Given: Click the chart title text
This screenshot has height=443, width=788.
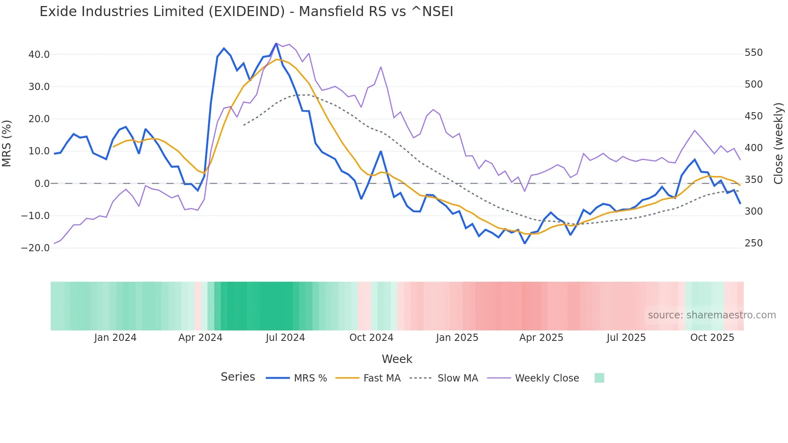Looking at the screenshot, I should [x=246, y=12].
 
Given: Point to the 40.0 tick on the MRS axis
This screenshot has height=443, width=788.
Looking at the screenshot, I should [x=39, y=54].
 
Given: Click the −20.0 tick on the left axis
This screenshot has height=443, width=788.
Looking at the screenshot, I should [x=35, y=248].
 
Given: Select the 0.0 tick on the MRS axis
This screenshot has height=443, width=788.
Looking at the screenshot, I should [x=42, y=184].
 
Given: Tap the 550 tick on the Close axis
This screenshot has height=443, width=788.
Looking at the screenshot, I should [x=753, y=53].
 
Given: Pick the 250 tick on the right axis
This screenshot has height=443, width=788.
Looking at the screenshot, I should [x=753, y=243].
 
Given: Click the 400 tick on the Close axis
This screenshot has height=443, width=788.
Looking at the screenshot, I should [x=753, y=148].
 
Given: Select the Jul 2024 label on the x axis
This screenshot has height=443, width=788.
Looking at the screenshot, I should [x=285, y=338].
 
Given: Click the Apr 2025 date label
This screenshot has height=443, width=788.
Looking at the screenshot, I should [x=541, y=338].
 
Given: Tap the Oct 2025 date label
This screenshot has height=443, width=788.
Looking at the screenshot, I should [x=712, y=338].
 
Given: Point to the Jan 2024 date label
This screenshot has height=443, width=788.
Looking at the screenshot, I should [x=115, y=338].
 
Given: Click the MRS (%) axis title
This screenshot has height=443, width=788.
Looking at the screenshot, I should [x=7, y=144].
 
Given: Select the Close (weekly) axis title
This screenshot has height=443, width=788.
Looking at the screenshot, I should [x=778, y=144].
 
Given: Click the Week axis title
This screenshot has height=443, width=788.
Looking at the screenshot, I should [x=397, y=359].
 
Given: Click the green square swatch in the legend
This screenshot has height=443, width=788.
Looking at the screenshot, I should [x=599, y=378].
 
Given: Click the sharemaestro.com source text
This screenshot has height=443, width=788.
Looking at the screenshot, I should [x=712, y=315].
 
